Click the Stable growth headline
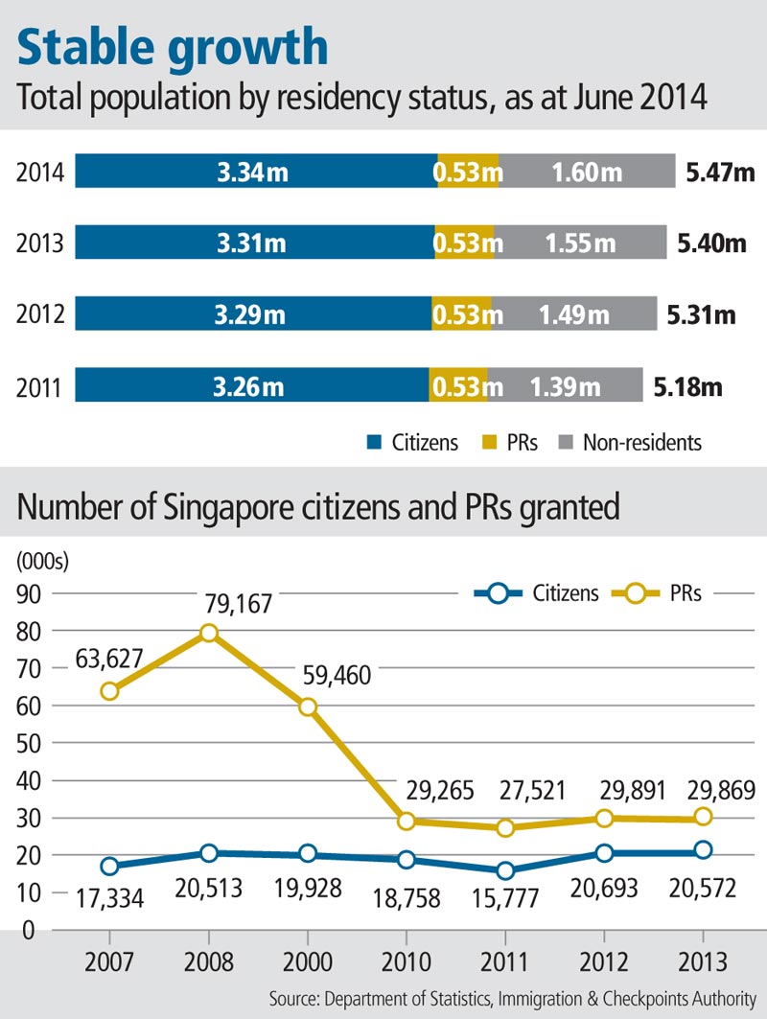[174, 48]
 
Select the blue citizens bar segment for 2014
[255, 172]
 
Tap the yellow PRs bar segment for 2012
[461, 313]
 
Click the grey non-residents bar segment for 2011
[565, 386]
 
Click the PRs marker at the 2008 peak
[209, 633]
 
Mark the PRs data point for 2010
[407, 821]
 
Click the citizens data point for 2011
[505, 870]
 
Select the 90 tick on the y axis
[31, 594]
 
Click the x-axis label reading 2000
[307, 961]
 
